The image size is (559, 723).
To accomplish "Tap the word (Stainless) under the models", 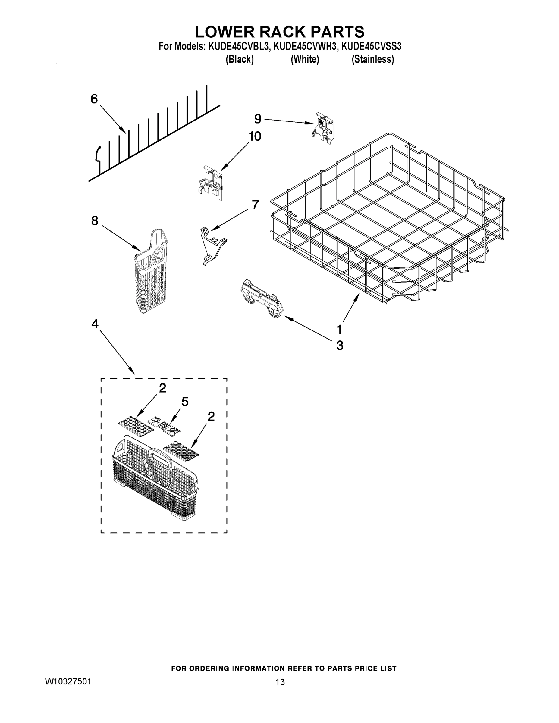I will click(x=372, y=59).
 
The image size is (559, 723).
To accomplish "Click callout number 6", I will click(x=94, y=99).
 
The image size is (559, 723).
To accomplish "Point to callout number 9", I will click(x=258, y=118).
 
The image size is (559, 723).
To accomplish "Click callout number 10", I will click(x=255, y=136).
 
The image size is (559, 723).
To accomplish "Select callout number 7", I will click(x=255, y=205).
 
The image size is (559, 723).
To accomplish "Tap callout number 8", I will click(x=95, y=221).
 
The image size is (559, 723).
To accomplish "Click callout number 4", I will click(x=95, y=324).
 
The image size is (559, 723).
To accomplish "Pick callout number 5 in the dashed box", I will click(x=185, y=402).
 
